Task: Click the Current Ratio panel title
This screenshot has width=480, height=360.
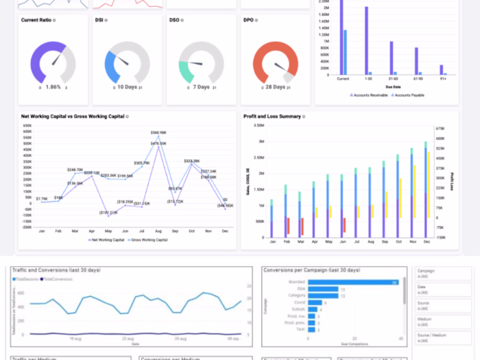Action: tap(36, 21)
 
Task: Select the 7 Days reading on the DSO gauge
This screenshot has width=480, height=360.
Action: tap(200, 87)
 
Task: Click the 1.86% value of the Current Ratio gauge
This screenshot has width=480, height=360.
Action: tap(53, 87)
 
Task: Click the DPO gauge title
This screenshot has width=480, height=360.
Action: tap(248, 21)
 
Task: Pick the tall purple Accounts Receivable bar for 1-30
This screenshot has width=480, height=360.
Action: tap(367, 40)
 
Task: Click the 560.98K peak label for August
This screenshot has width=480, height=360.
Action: tap(158, 132)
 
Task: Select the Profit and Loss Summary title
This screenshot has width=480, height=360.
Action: tap(272, 117)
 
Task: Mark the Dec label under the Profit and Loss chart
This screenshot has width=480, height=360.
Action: tap(427, 242)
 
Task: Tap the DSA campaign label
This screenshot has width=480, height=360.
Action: tap(300, 289)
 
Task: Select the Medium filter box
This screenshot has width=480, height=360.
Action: tap(442, 322)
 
